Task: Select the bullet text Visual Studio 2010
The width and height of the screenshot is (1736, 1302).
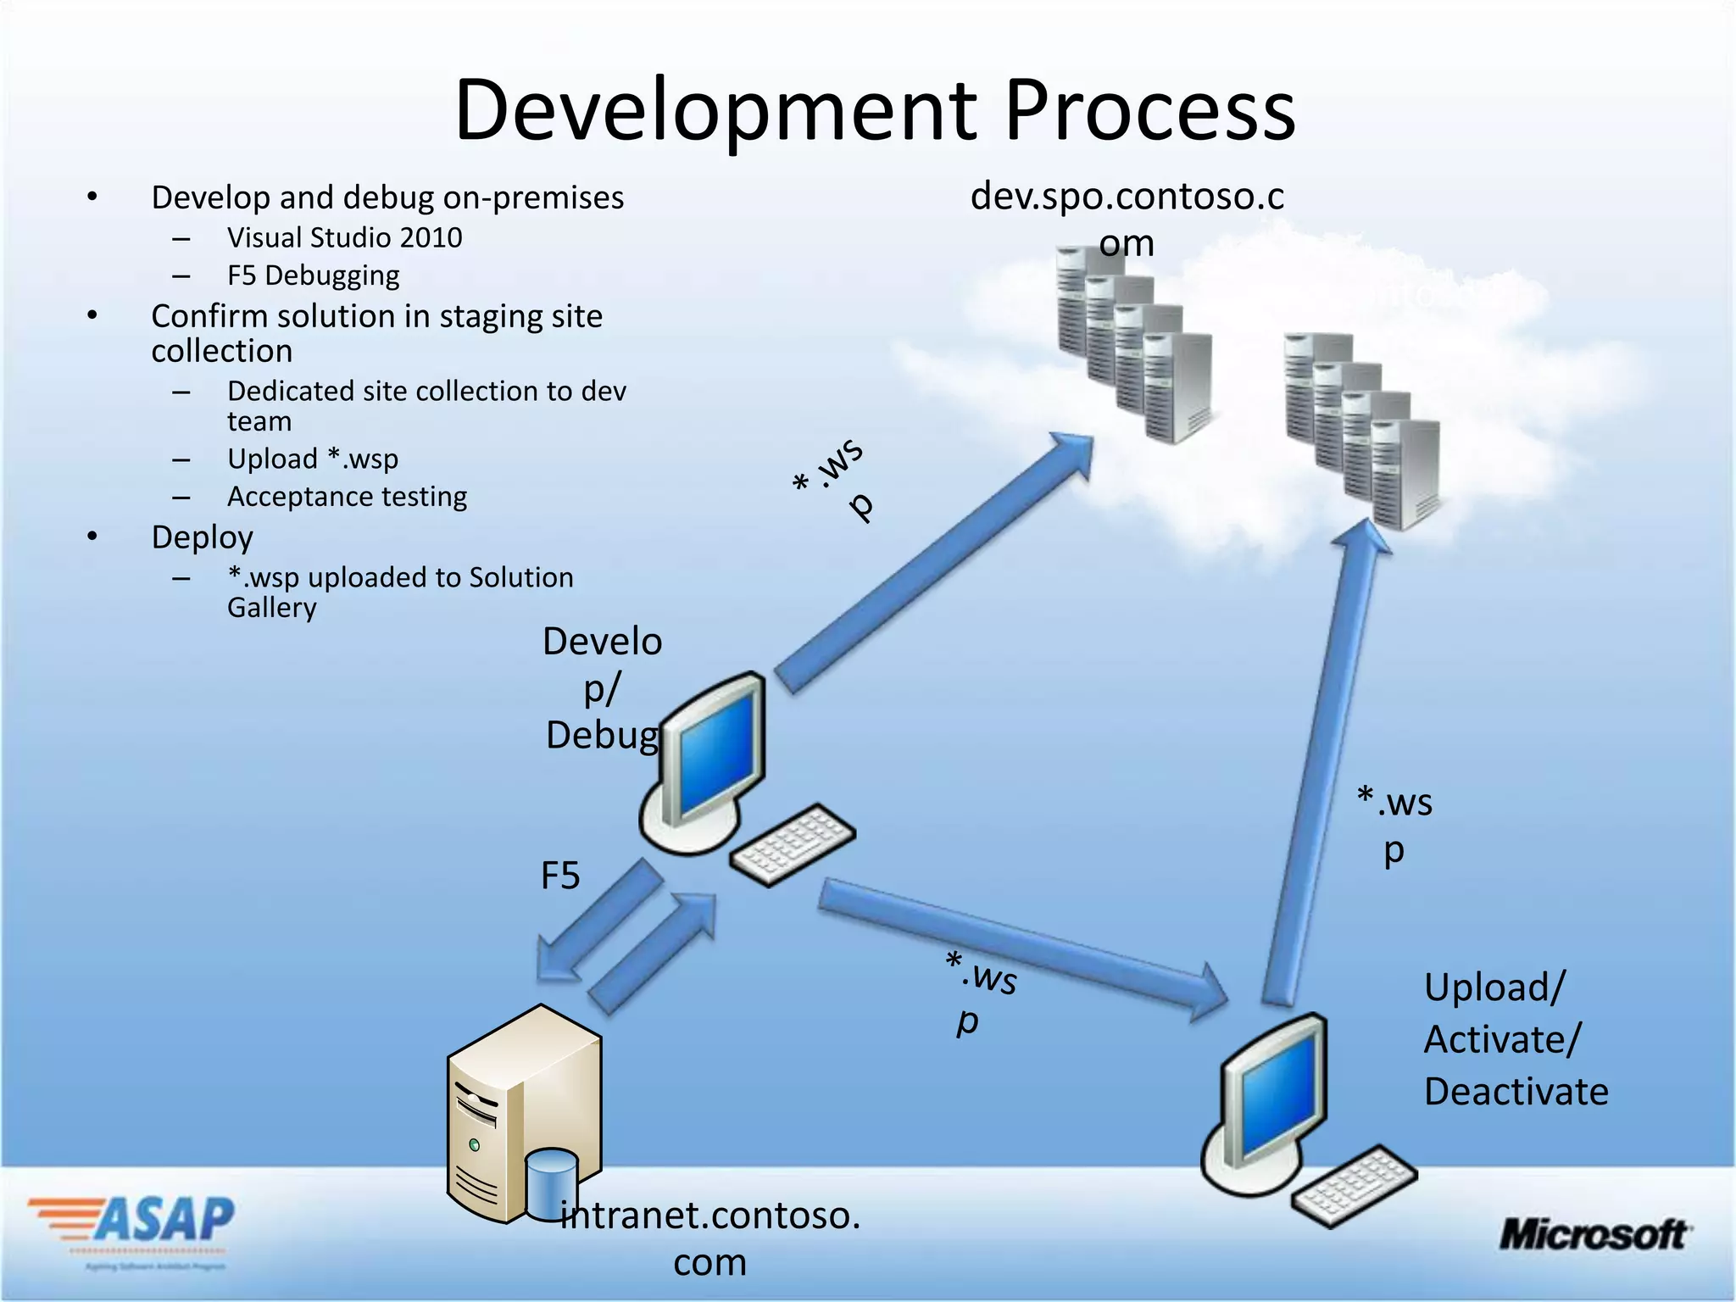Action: click(x=344, y=237)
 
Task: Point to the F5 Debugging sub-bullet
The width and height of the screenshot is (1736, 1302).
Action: click(x=313, y=275)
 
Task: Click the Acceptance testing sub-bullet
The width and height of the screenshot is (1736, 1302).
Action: click(x=347, y=497)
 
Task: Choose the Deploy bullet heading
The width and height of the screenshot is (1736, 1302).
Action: click(x=202, y=537)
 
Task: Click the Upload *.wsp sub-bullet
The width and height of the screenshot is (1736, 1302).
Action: click(x=312, y=459)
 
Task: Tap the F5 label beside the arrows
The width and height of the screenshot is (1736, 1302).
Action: click(x=560, y=876)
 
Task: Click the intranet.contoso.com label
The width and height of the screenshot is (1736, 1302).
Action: click(x=710, y=1238)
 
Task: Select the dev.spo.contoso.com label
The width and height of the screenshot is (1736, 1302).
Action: click(x=1127, y=219)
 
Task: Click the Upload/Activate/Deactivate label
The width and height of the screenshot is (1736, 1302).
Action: click(x=1515, y=1039)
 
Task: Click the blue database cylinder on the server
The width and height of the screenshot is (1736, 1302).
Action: click(x=551, y=1183)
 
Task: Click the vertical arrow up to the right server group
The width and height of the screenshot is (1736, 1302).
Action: click(x=1322, y=763)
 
